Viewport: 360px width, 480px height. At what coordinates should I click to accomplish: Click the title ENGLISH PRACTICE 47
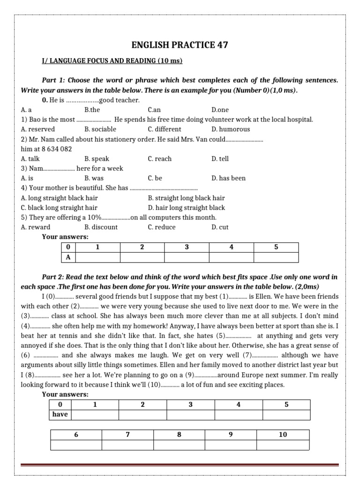coord(180,45)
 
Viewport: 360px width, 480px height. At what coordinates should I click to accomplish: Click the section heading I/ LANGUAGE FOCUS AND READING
coord(112,61)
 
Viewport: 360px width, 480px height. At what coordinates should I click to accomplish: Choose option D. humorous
coord(231,129)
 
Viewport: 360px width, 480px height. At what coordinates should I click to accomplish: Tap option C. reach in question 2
coord(159,159)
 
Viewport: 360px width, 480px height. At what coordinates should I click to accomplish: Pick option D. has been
coord(228,178)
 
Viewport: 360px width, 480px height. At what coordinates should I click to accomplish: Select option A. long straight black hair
coord(60,198)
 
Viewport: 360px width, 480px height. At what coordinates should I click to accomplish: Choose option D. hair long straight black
coord(186,208)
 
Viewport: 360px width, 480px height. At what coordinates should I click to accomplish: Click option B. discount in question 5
coord(101,227)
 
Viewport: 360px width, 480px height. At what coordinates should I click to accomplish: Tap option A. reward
coord(36,227)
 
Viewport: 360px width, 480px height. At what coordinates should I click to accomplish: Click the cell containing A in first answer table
coord(68,257)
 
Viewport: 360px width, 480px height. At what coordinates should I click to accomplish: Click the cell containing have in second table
coord(60,414)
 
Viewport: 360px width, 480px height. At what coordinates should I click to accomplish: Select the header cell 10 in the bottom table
coord(283,435)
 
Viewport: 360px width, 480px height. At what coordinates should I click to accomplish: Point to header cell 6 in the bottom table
coord(76,435)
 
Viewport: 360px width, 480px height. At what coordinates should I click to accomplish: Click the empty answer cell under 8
coord(179,445)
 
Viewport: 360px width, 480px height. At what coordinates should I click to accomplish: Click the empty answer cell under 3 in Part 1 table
coord(187,257)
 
